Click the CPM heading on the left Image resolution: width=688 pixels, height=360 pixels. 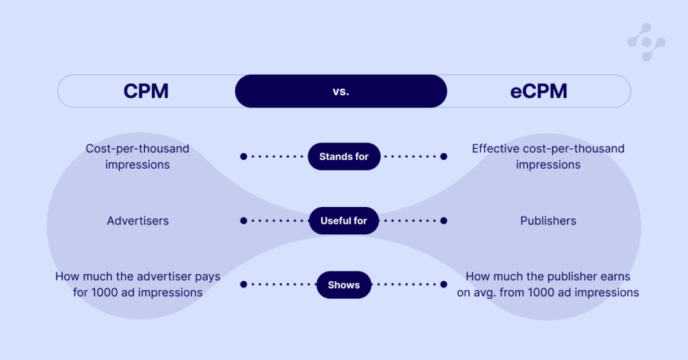146,91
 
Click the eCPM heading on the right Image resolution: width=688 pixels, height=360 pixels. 538,91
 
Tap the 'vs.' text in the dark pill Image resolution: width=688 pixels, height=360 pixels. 341,91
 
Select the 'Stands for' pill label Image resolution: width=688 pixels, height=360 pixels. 344,156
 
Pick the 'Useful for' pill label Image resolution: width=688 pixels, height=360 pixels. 344,221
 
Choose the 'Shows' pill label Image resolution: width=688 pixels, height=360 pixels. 344,285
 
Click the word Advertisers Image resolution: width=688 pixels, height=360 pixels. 138,220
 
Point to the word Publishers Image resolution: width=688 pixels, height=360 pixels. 548,220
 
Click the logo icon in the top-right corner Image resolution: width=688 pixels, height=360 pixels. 646,42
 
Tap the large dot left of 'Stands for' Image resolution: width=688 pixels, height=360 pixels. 243,156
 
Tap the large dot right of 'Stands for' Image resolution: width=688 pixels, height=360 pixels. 443,156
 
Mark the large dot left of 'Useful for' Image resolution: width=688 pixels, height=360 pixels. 243,221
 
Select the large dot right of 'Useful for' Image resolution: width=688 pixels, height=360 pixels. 443,221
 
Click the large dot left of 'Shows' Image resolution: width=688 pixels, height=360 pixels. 243,285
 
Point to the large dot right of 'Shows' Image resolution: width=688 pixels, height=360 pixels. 443,285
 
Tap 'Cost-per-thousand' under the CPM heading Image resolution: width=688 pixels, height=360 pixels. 138,148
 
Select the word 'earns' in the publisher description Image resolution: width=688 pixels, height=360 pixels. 615,276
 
